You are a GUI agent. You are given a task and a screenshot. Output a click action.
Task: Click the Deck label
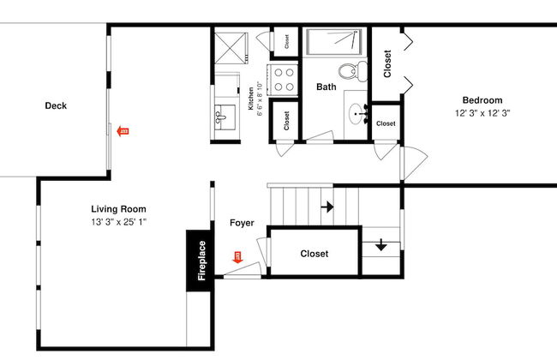[x=56, y=105]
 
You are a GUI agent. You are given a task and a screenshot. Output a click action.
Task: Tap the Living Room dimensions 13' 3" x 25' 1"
[x=118, y=222]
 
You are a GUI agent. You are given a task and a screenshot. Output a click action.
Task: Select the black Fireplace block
[x=200, y=261]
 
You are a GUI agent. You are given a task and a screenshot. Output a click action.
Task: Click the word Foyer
[x=242, y=223]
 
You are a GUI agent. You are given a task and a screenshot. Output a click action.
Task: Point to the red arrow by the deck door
[x=123, y=131]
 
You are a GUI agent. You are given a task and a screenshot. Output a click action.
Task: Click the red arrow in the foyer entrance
[x=237, y=257]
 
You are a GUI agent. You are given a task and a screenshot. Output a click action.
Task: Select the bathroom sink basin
[x=356, y=114]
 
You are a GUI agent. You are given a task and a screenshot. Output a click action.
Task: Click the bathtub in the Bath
[x=334, y=42]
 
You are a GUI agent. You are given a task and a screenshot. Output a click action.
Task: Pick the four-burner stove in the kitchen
[x=284, y=80]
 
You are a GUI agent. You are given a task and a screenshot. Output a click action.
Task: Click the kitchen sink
[x=225, y=117]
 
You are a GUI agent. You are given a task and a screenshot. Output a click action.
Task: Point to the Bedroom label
[x=482, y=100]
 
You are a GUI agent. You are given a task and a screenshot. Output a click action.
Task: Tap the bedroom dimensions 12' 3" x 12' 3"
[x=482, y=113]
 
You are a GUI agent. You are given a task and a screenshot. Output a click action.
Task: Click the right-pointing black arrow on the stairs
[x=327, y=207]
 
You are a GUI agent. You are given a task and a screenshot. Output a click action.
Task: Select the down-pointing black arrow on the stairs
[x=381, y=245]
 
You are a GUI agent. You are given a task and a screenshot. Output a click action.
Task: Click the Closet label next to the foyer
[x=314, y=254]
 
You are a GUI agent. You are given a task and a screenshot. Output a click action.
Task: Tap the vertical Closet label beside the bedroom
[x=387, y=63]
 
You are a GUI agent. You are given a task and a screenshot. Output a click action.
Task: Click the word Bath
[x=326, y=87]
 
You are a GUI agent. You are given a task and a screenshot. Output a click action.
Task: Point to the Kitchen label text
[x=251, y=99]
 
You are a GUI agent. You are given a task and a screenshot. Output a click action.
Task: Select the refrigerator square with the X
[x=231, y=48]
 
